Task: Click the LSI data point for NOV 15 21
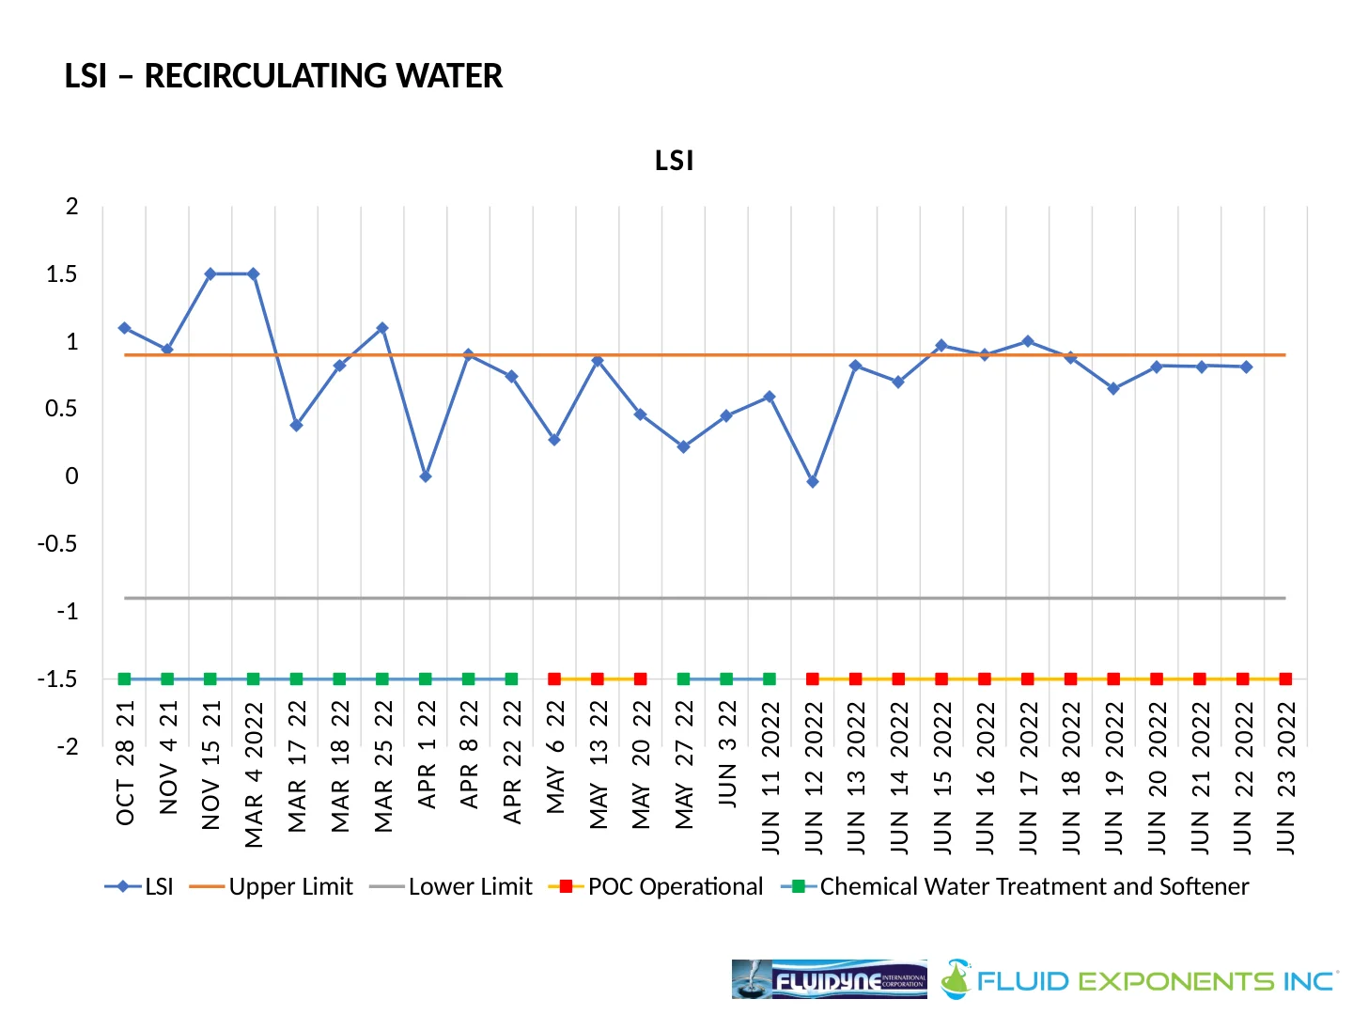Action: click(210, 274)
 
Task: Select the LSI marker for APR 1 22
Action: click(426, 476)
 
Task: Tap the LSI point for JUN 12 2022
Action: click(813, 482)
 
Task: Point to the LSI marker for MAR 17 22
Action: click(296, 426)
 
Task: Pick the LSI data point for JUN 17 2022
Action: click(1028, 341)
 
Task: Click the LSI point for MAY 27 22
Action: click(683, 447)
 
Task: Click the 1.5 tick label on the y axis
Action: click(62, 274)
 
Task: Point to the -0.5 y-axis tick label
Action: click(58, 544)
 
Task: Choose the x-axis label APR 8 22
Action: click(469, 755)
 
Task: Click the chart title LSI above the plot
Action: click(675, 162)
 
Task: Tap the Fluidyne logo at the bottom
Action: click(829, 979)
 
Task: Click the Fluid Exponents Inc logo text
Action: click(1156, 981)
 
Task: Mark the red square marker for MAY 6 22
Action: click(554, 679)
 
